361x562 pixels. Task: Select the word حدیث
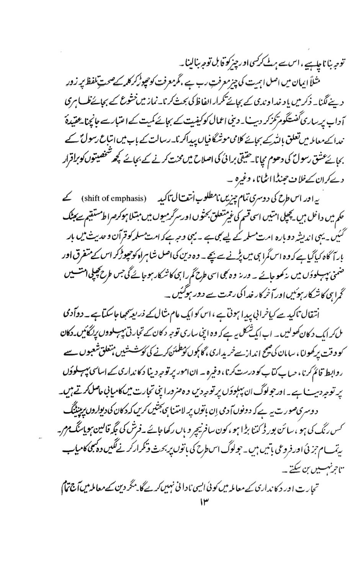[x=73, y=233]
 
